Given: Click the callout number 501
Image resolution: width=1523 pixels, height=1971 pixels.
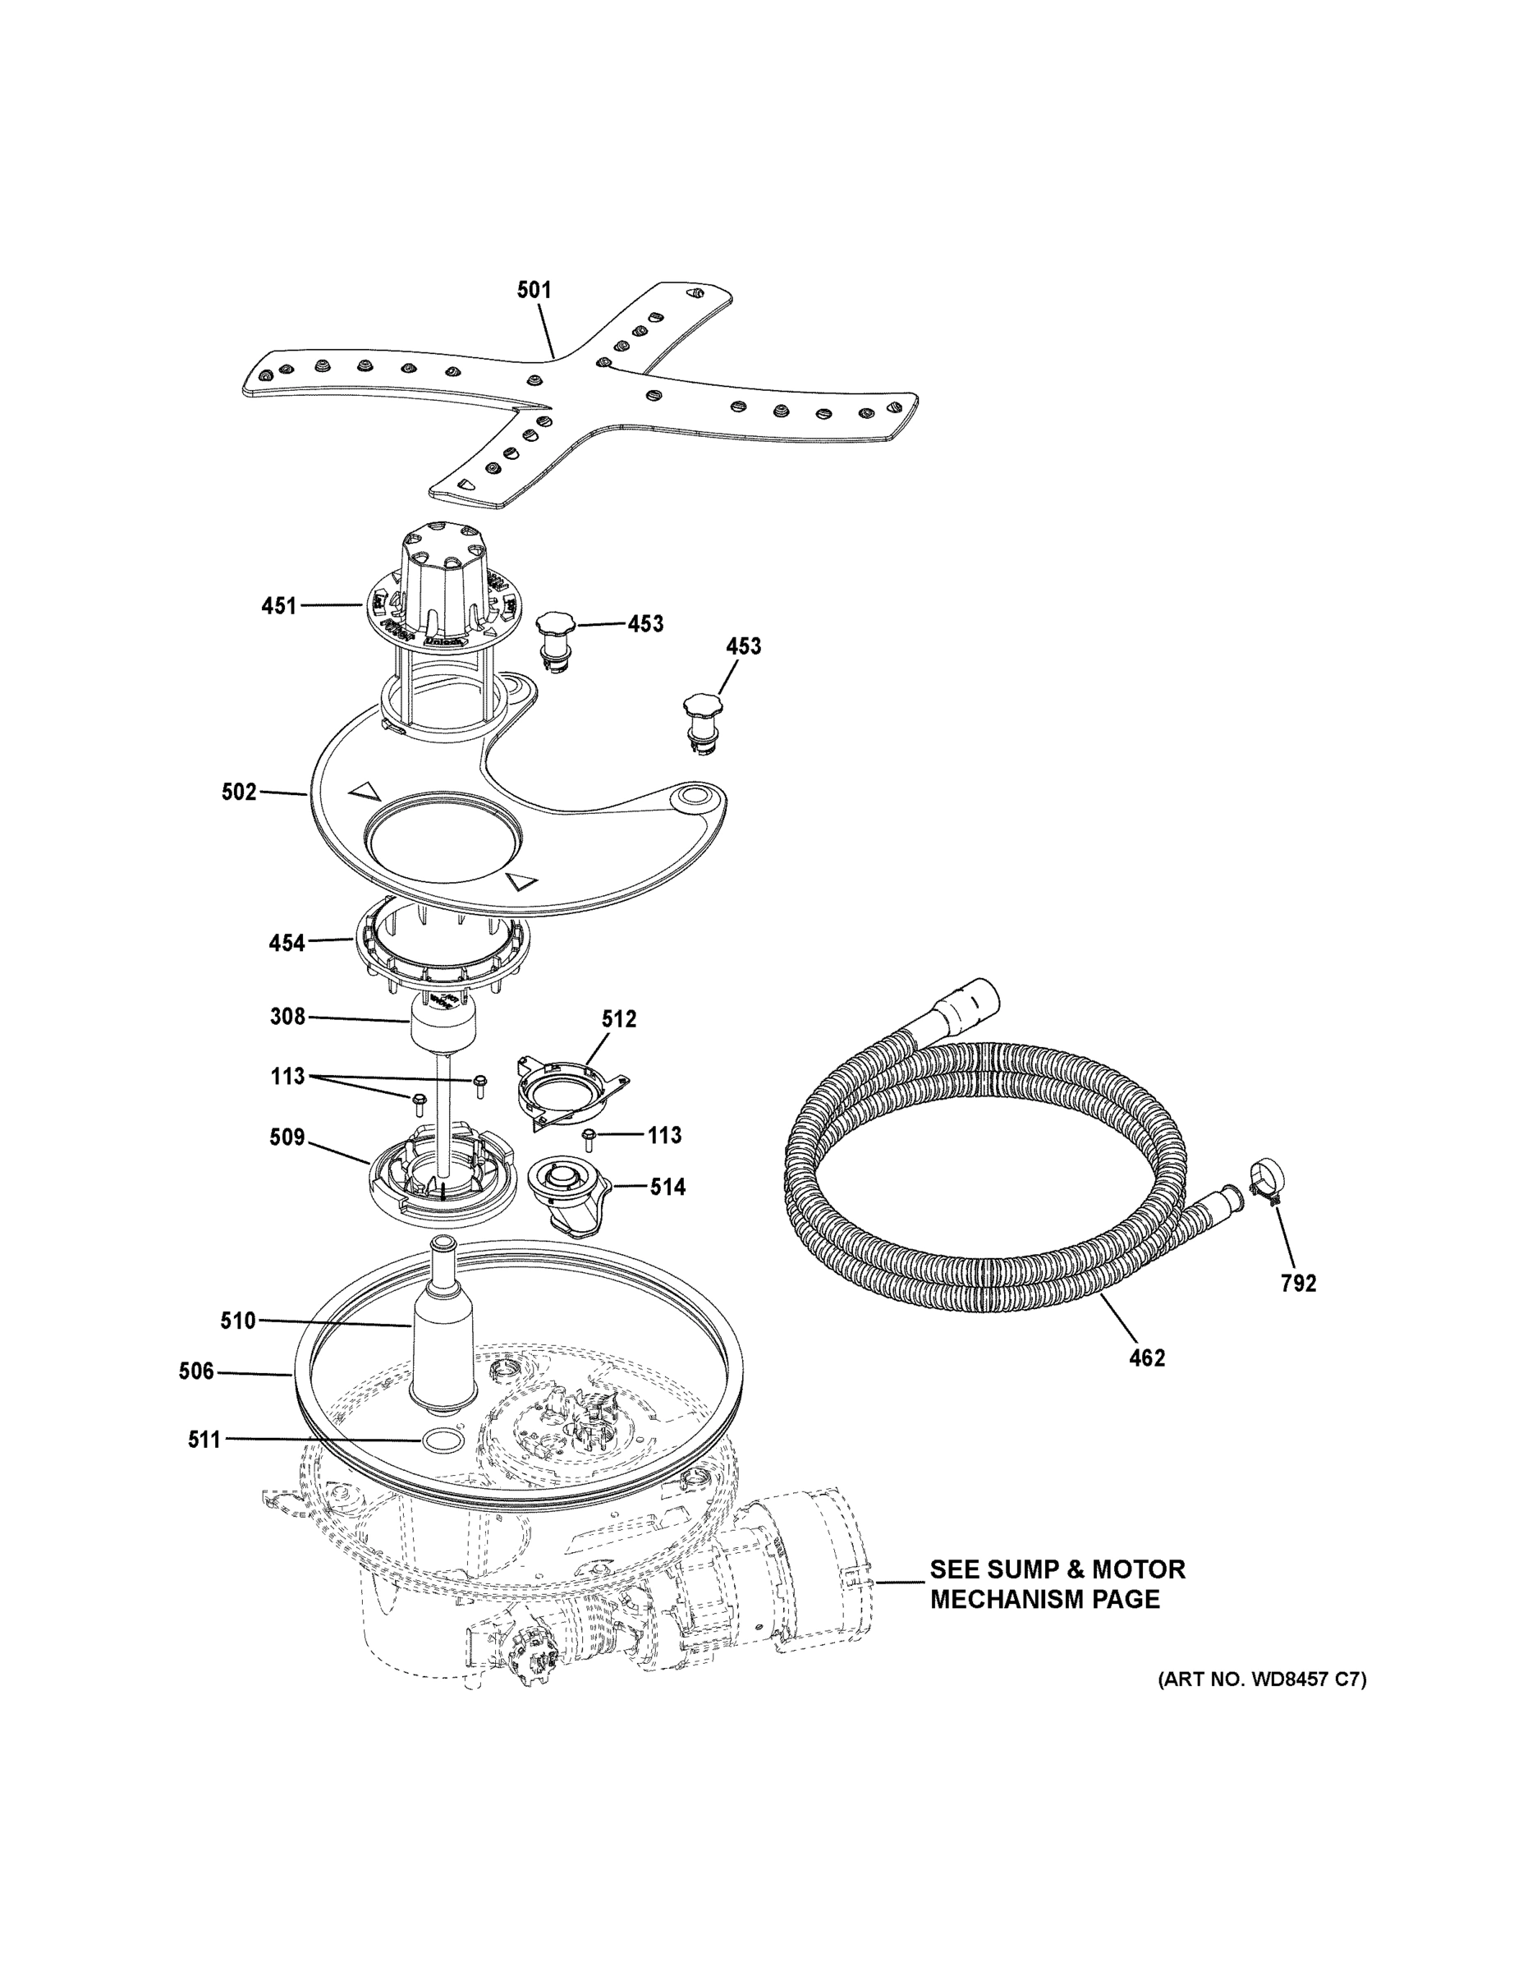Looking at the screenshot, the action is tap(533, 290).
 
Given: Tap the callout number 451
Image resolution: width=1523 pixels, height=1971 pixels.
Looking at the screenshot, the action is tap(279, 605).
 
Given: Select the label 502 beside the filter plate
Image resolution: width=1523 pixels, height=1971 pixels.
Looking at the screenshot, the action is tap(239, 793).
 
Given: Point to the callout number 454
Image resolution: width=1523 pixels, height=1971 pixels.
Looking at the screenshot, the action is tap(287, 943).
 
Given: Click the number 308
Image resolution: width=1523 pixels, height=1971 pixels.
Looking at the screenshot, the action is tap(288, 1017).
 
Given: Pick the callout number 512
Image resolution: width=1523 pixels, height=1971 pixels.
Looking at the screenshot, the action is tap(619, 1019).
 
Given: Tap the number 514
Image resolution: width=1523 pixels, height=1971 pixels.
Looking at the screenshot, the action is tap(667, 1187).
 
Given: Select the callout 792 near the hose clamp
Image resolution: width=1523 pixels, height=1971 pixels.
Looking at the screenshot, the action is tap(1298, 1283).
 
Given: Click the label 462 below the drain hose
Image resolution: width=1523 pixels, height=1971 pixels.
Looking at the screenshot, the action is tap(1147, 1358).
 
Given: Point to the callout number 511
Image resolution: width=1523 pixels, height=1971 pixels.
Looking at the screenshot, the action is tap(204, 1440).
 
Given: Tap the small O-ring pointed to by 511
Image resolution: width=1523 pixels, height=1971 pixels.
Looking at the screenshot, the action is tap(438, 1440).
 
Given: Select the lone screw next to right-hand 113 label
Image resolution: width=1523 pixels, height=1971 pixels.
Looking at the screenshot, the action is tap(589, 1138).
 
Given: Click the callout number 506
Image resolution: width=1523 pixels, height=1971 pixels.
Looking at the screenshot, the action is tap(197, 1372).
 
